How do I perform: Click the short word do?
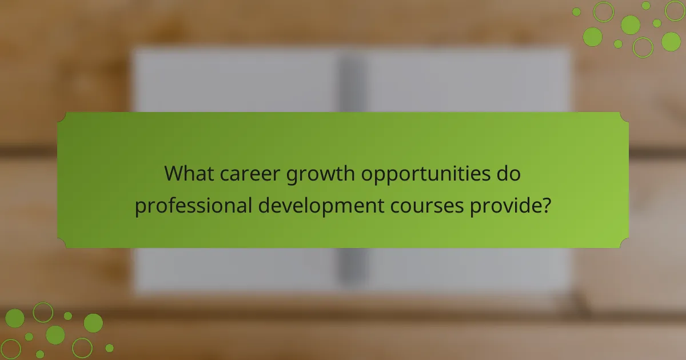pos(509,174)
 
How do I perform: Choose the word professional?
pos(193,206)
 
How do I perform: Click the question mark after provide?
pos(547,205)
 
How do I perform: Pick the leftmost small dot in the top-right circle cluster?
pos(576,11)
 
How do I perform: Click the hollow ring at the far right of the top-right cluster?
pos(675,10)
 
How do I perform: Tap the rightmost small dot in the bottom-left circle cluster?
pos(109,347)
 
